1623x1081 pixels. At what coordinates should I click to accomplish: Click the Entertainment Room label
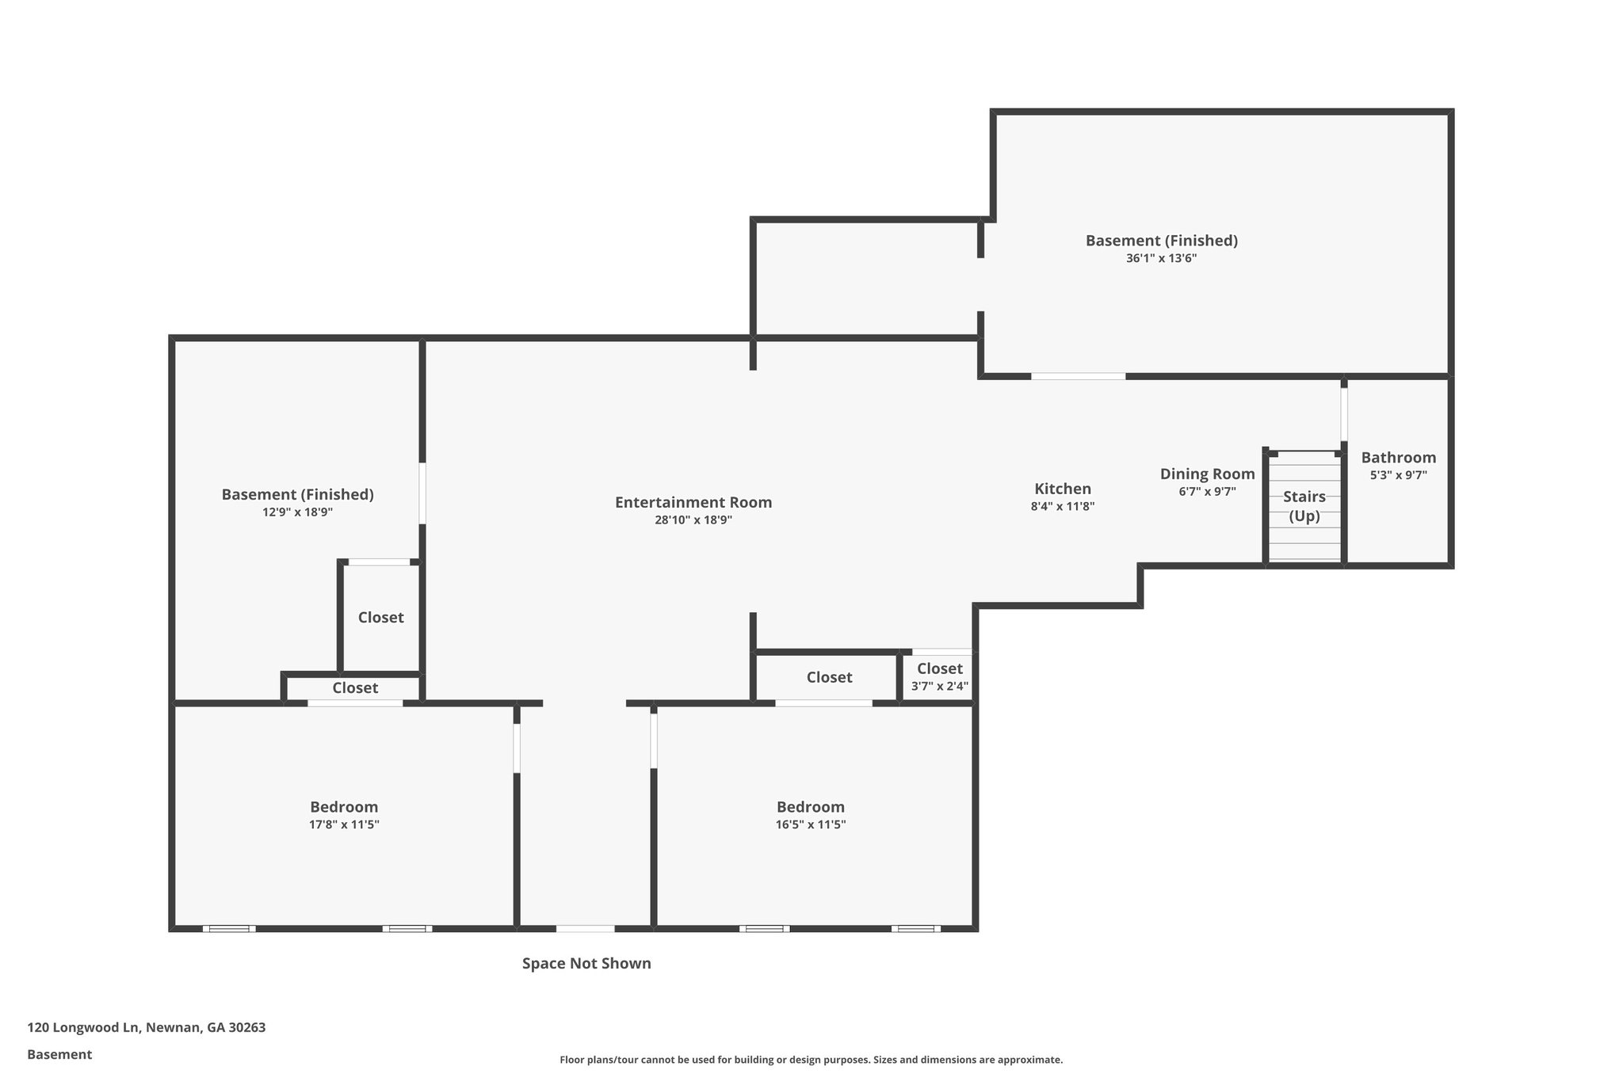pos(693,502)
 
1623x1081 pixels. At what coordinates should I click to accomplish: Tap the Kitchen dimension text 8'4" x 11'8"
pos(1062,507)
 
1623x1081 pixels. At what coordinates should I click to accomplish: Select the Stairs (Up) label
pos(1304,506)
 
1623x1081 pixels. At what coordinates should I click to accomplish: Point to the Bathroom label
pos(1398,458)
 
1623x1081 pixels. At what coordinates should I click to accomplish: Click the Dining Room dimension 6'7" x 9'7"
pos(1207,492)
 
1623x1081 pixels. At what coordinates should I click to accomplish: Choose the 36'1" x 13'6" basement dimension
pos(1161,258)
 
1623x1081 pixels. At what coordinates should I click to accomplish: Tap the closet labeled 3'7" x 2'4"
pos(939,677)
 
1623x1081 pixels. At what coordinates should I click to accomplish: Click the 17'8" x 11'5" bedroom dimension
pos(344,824)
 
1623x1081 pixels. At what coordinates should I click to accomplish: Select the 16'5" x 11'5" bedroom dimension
pos(810,824)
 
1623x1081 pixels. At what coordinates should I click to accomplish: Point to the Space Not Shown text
pos(586,964)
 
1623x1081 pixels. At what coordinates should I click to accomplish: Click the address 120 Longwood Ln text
pos(147,1028)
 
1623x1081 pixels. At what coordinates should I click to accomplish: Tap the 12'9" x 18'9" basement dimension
pos(297,512)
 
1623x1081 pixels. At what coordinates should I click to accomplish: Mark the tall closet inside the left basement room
pos(380,618)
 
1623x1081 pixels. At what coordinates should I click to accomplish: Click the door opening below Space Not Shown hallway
pos(585,928)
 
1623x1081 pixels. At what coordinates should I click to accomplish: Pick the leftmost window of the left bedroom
pos(229,928)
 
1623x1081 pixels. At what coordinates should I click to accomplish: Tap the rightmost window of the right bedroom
pos(915,928)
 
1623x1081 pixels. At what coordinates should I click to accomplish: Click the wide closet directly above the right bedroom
pos(829,677)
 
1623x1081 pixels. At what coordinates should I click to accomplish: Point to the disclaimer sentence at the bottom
pos(811,1060)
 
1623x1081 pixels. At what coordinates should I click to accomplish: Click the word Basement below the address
pos(59,1055)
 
